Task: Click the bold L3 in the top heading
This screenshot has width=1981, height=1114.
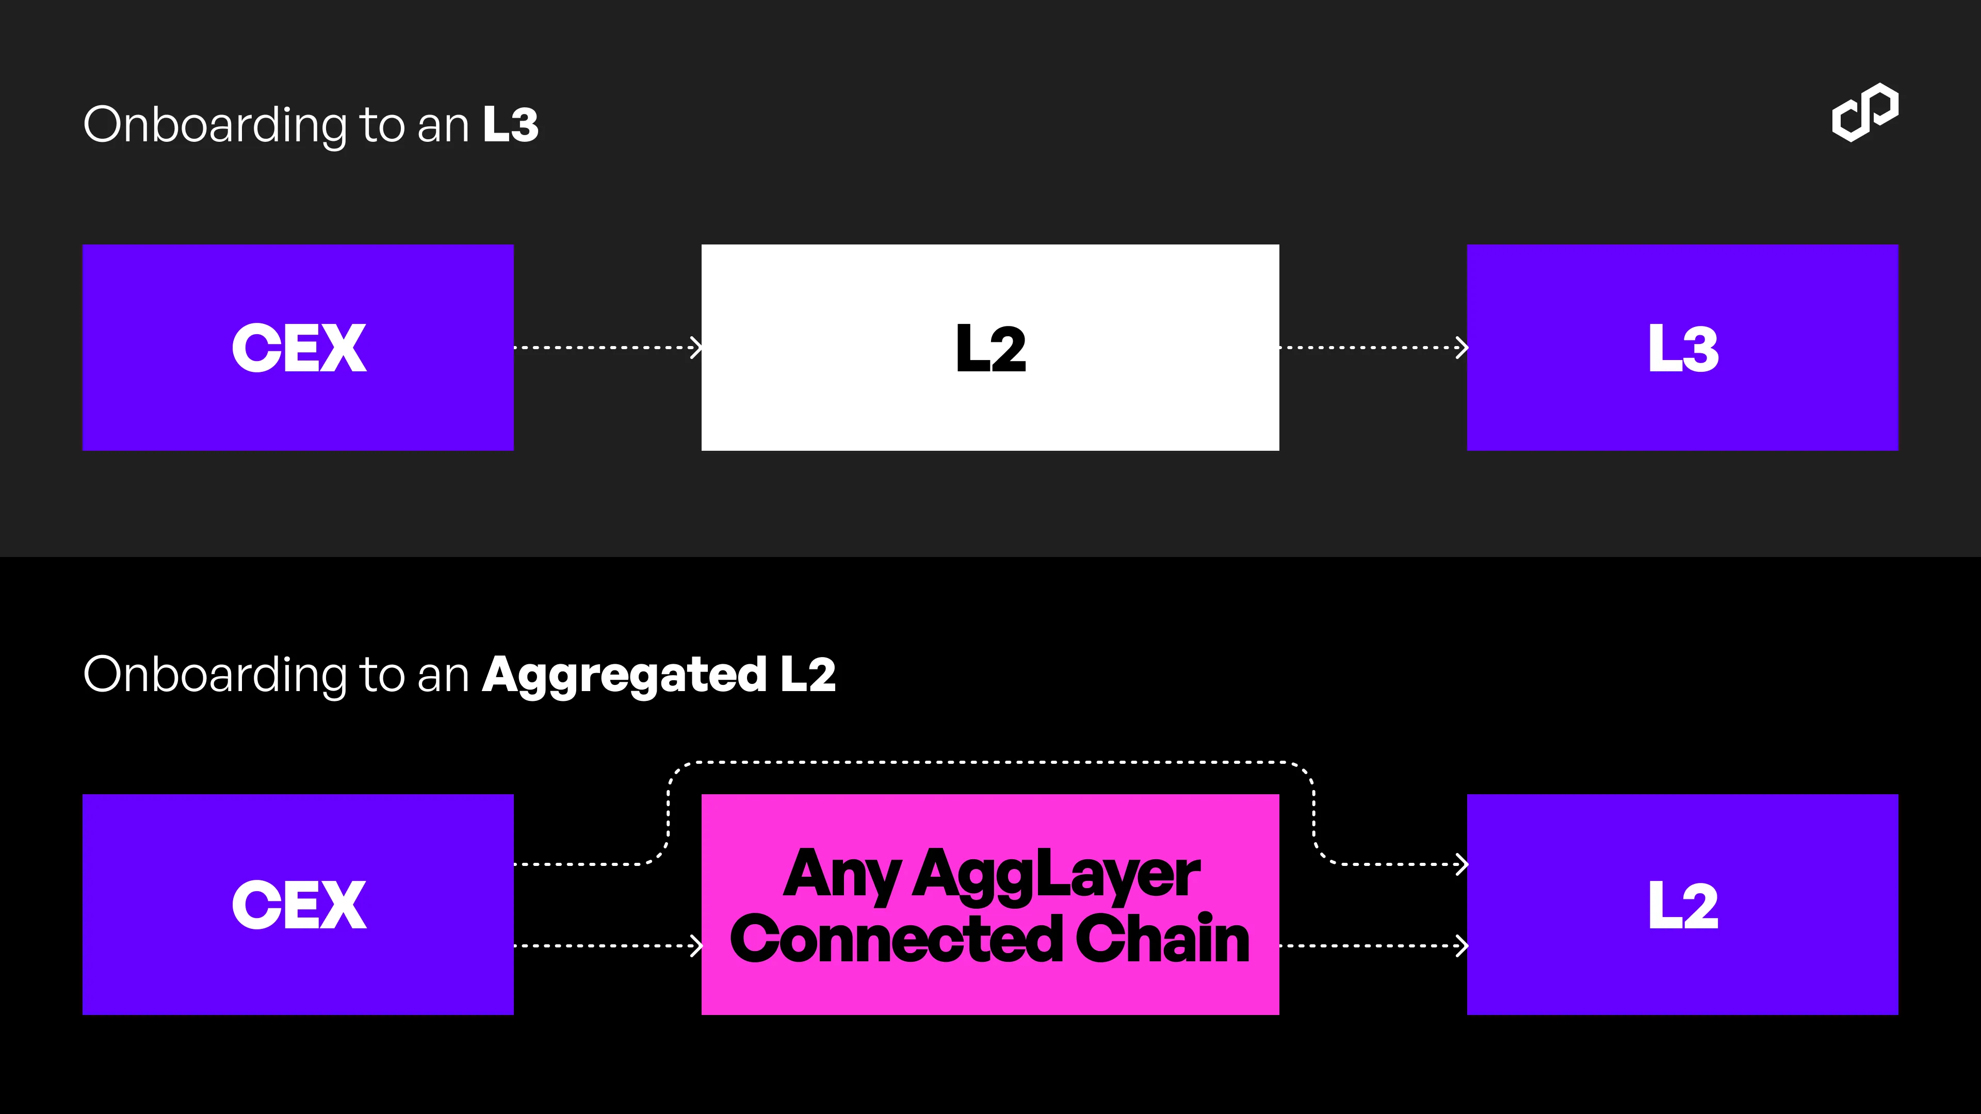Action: click(511, 124)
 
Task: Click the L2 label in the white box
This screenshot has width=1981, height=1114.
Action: click(990, 348)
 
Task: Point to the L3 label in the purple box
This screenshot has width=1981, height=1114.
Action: click(1683, 348)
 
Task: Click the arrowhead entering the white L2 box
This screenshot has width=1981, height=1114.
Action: click(696, 348)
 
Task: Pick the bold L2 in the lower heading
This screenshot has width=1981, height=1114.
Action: click(807, 674)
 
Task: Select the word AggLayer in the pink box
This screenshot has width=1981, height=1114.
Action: click(1056, 875)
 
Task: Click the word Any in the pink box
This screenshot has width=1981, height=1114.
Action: click(842, 875)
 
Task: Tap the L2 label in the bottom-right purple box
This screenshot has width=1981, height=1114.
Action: click(1683, 905)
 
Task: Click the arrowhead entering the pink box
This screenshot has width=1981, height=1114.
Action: click(696, 946)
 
